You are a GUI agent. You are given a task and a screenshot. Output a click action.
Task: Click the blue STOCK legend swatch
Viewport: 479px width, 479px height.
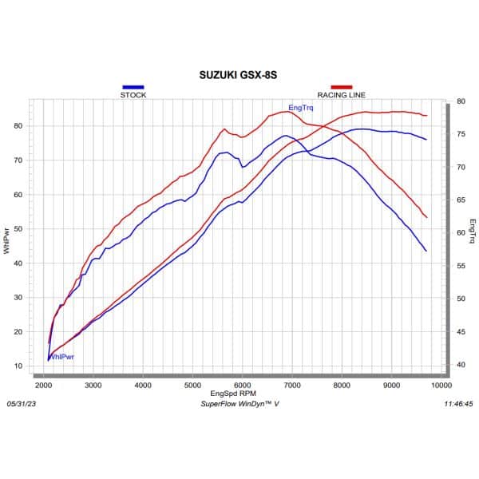click(x=133, y=86)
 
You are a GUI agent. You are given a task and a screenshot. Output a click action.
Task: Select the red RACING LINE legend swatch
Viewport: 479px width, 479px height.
click(x=341, y=86)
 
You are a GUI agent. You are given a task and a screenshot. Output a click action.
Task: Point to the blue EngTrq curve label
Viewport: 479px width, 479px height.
click(x=300, y=107)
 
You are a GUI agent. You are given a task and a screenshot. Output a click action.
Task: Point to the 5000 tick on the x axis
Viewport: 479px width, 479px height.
click(x=192, y=386)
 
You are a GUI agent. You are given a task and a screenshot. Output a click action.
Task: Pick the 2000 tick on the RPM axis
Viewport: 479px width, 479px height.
click(x=44, y=386)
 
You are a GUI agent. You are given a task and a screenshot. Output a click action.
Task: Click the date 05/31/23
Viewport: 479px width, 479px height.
click(x=22, y=404)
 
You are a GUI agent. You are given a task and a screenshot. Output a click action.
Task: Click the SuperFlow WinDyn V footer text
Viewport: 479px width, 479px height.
click(x=239, y=404)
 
